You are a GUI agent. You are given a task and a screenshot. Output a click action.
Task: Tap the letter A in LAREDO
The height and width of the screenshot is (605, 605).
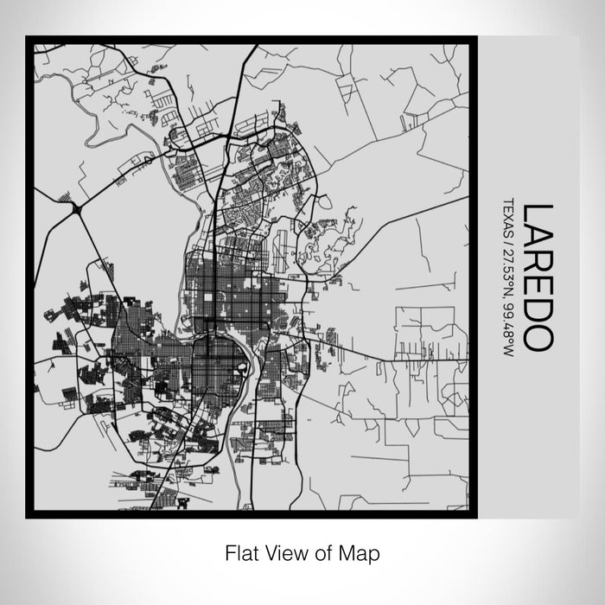(x=536, y=238)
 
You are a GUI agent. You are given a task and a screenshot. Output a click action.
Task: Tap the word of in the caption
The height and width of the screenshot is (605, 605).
(x=323, y=551)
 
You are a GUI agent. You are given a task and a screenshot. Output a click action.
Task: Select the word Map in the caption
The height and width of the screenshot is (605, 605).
(x=359, y=551)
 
